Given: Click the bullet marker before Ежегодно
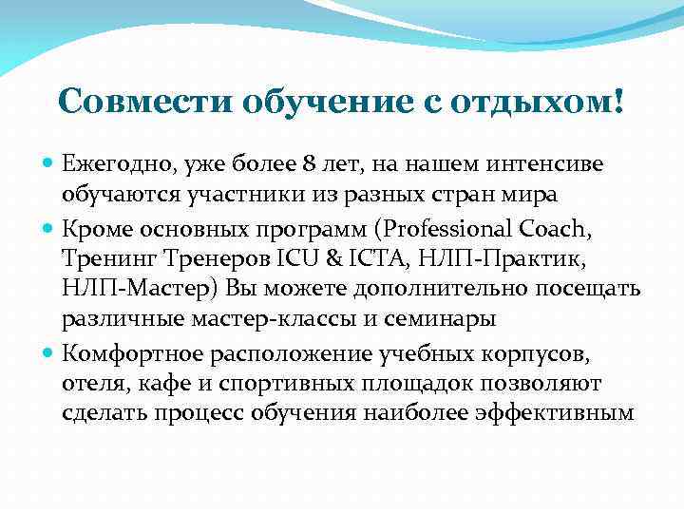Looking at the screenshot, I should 49,164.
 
